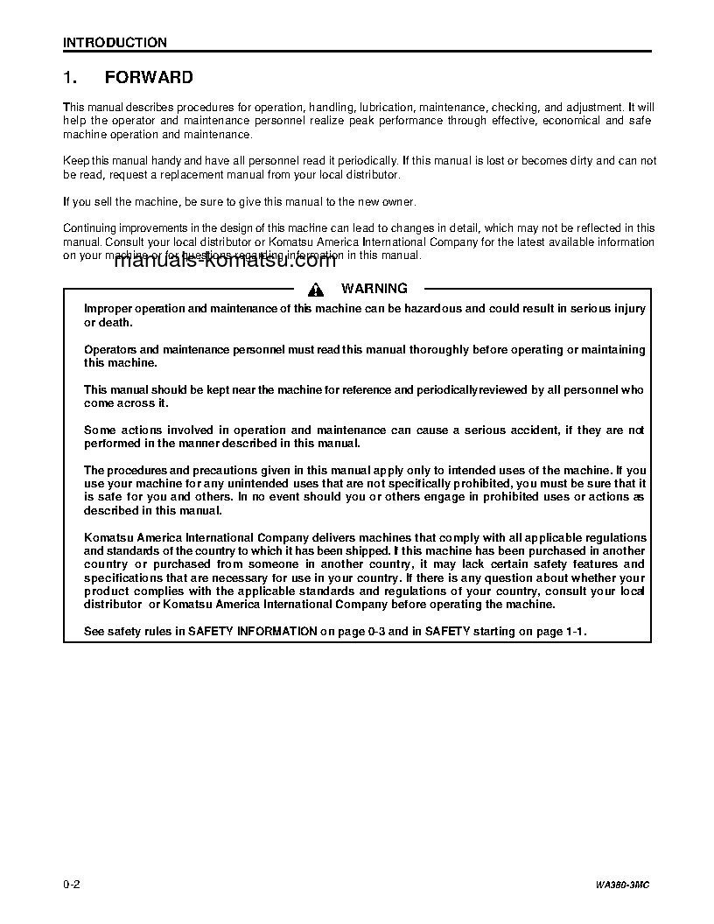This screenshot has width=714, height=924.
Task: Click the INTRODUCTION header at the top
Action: (x=115, y=42)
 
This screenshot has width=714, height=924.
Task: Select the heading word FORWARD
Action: (x=149, y=78)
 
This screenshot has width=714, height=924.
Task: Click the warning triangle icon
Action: (x=317, y=290)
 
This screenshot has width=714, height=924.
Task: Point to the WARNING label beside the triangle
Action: (x=374, y=289)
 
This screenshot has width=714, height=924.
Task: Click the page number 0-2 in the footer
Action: (x=72, y=885)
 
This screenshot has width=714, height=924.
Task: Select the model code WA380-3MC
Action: (x=623, y=885)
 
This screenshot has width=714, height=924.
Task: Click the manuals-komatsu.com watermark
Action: (x=225, y=260)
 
